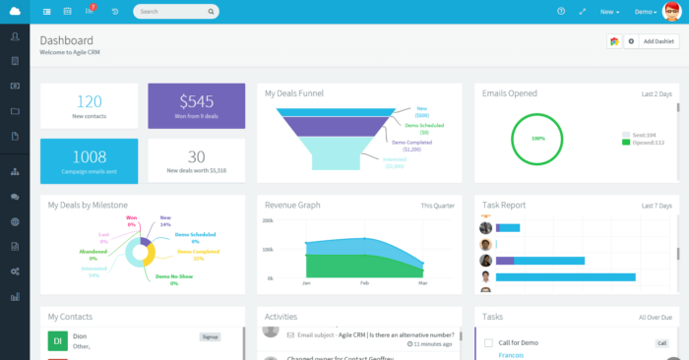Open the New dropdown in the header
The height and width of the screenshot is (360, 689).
click(x=609, y=12)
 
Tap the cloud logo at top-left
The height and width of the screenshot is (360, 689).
click(x=15, y=12)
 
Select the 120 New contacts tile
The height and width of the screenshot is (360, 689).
click(x=90, y=106)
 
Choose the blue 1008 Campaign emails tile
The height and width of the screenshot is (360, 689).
click(x=90, y=160)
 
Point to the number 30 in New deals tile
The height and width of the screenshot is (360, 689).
click(x=197, y=155)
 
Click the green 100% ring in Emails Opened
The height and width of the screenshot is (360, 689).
click(x=537, y=139)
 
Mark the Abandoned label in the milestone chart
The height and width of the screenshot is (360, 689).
click(x=94, y=252)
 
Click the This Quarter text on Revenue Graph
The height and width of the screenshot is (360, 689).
click(x=438, y=206)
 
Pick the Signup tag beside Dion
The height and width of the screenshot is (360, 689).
click(x=210, y=335)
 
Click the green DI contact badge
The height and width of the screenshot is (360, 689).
click(x=57, y=340)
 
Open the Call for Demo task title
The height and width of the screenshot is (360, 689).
click(x=518, y=341)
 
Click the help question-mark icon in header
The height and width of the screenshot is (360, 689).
click(x=561, y=12)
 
